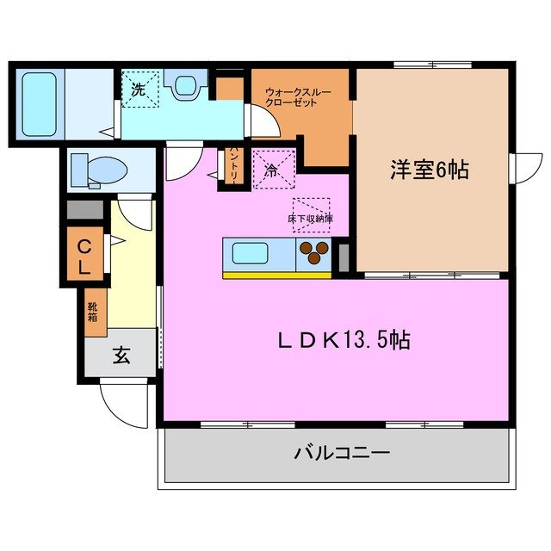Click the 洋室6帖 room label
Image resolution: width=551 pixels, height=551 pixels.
tap(430, 170)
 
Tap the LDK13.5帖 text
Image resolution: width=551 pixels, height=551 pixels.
tap(343, 340)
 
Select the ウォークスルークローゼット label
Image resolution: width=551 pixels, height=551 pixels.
tap(297, 96)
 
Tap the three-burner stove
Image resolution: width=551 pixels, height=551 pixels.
tap(313, 253)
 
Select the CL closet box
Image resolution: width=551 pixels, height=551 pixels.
tap(84, 255)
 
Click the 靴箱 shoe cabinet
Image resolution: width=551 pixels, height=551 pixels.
tap(92, 310)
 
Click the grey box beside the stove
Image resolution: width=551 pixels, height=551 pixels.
tap(343, 257)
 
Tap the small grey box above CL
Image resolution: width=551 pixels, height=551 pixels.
tap(84, 209)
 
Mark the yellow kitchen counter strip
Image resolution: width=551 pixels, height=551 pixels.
tap(277, 275)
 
